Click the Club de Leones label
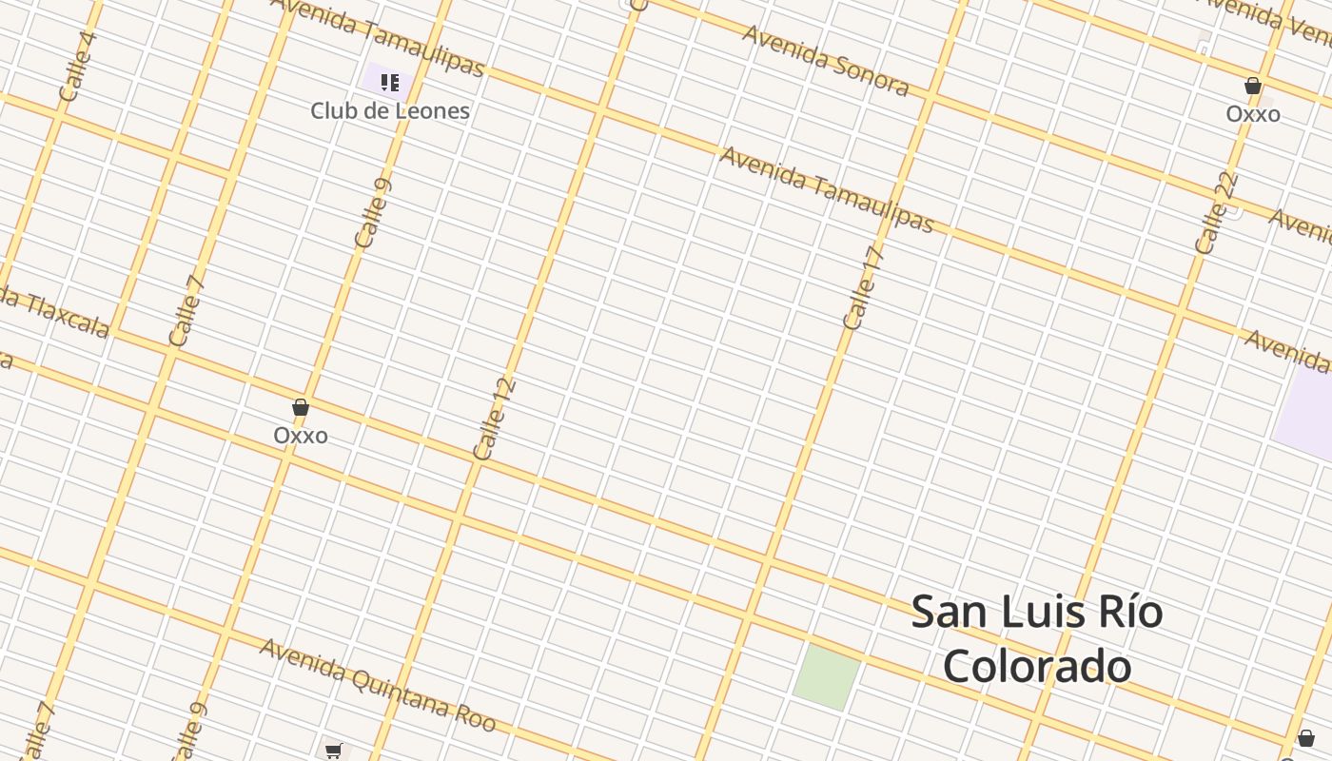[x=390, y=110]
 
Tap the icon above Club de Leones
[x=389, y=83]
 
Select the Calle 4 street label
[x=77, y=67]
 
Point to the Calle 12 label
[x=494, y=420]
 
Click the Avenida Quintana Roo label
[x=378, y=685]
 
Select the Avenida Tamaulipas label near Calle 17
[x=827, y=188]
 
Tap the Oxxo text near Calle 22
[x=1252, y=114]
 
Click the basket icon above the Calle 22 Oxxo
[x=1253, y=87]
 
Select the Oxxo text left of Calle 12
[x=301, y=436]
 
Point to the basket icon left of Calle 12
[x=301, y=408]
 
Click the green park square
[x=826, y=676]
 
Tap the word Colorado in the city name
[x=1037, y=666]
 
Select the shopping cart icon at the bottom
[x=333, y=751]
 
